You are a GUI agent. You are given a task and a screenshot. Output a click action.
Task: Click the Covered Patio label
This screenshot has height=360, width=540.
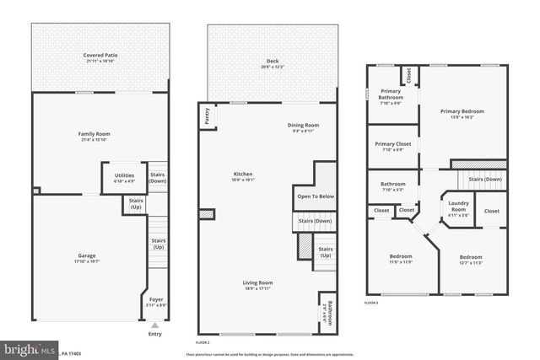[100, 56]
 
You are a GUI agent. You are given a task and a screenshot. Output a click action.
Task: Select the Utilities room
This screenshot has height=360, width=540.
[125, 177]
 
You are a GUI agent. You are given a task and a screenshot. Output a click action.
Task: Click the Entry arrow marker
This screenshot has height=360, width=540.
[154, 324]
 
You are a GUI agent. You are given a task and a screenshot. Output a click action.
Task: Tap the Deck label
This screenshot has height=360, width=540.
[273, 62]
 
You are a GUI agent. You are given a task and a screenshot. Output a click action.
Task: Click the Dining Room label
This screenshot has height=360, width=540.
[302, 127]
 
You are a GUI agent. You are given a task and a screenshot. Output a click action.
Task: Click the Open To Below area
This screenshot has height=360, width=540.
[316, 196]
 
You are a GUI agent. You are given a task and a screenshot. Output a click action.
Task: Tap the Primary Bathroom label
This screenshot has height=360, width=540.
[390, 94]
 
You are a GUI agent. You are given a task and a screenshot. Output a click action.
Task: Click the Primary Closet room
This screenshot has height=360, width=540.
[392, 146]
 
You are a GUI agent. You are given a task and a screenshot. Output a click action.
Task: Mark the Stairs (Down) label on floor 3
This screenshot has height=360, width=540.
[485, 179]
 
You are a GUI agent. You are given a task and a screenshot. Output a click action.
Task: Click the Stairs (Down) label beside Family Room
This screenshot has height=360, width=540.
[158, 178]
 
